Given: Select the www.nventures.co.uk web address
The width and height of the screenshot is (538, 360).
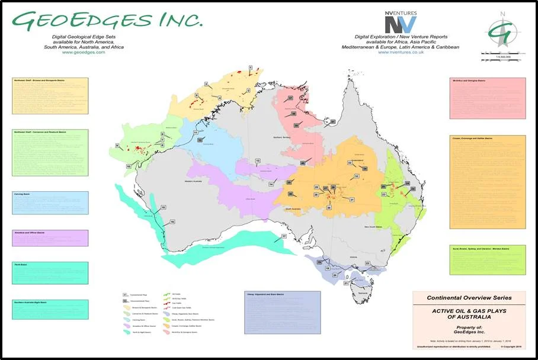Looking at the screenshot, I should coord(400,52).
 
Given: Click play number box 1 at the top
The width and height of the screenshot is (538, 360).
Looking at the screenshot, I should coord(251,68).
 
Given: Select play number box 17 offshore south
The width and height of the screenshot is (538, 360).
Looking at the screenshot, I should coord(284,236).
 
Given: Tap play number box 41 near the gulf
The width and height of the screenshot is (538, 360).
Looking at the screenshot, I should coord(333,122).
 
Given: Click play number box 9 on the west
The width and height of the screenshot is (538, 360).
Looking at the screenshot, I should coord(117,146).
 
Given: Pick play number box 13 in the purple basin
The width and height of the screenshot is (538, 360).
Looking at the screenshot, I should coord(258,161).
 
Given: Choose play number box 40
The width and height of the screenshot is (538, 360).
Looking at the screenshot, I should coord(302,163).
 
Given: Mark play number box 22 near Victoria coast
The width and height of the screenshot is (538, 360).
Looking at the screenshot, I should coord(367,263).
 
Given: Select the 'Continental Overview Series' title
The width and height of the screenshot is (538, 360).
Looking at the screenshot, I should coord(469,297).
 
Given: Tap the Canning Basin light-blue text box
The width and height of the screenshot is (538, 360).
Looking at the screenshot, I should coord(50,202).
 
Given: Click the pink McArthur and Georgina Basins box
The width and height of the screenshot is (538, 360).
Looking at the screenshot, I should coord(487,98).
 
